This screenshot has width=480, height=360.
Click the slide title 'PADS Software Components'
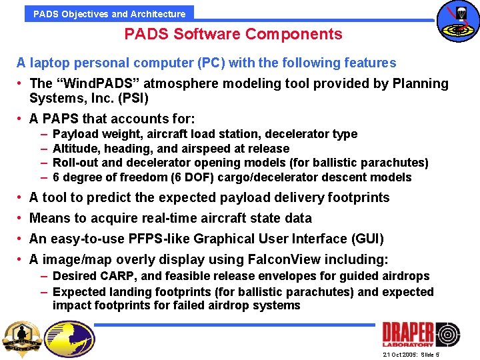coord(233,34)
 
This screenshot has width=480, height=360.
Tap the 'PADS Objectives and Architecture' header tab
coord(109,13)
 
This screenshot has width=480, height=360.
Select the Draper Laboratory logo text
coord(407,334)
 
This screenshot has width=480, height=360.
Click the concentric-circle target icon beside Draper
coord(447,334)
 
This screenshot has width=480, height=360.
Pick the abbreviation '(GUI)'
coord(367,239)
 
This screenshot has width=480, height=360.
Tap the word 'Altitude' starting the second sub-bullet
coord(74,149)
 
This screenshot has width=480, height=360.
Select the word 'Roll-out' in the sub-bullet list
coord(74,163)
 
